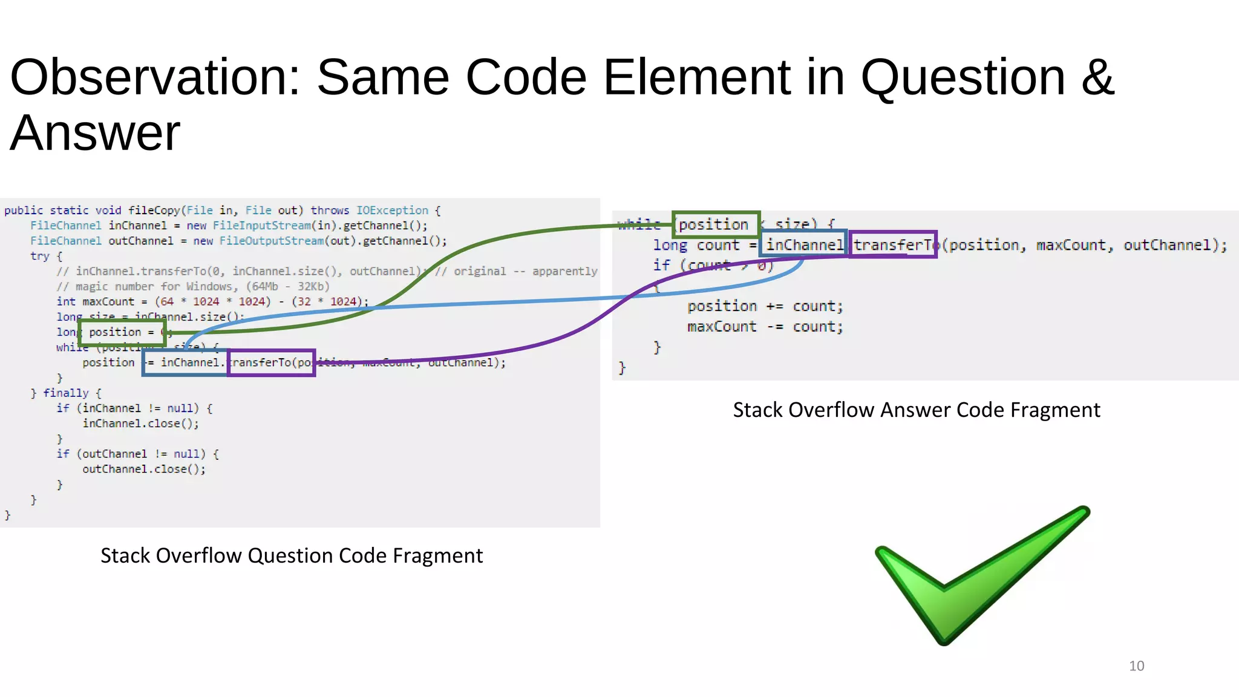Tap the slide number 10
click(1136, 666)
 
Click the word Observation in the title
click(155, 77)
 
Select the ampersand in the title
click(1097, 77)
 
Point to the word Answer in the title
click(95, 133)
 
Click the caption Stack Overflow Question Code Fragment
click(291, 555)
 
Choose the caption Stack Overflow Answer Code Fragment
click(916, 410)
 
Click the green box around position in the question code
click(122, 332)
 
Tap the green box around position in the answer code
click(716, 224)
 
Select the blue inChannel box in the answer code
click(803, 244)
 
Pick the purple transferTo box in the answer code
click(892, 244)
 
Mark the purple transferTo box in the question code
click(271, 362)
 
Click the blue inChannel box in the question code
click(186, 362)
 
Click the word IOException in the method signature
click(391, 210)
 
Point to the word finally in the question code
click(65, 393)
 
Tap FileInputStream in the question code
click(261, 226)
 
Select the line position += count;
click(764, 306)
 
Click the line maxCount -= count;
click(764, 327)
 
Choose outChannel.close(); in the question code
click(144, 469)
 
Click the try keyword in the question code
click(39, 256)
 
